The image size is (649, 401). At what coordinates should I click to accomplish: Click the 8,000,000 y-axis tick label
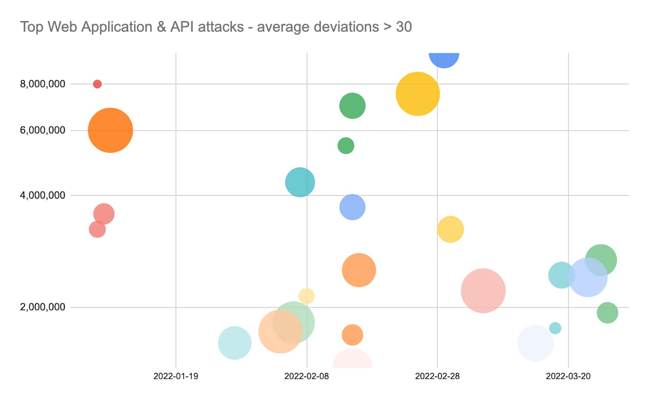click(x=42, y=84)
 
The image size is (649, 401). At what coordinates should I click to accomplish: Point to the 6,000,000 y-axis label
click(x=42, y=130)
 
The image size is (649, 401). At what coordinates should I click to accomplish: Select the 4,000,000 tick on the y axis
click(x=42, y=195)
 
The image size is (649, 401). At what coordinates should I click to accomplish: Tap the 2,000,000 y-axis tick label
click(x=42, y=307)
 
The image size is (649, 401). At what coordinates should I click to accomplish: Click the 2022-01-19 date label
click(x=175, y=376)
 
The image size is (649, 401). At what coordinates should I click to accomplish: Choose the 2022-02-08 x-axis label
click(x=306, y=376)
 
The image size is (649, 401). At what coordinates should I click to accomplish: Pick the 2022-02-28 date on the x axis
click(x=437, y=376)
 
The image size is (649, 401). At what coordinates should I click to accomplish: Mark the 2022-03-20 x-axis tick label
click(x=568, y=376)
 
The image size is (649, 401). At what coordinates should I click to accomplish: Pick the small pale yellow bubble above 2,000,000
click(x=306, y=296)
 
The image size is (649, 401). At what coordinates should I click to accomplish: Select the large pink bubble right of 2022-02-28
click(x=483, y=291)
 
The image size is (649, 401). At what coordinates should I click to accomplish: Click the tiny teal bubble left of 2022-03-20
click(x=555, y=328)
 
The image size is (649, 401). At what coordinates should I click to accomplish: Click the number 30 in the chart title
click(x=404, y=27)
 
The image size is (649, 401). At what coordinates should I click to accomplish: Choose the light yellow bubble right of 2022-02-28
click(x=450, y=229)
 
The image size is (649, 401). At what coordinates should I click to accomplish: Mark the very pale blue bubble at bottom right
click(x=535, y=343)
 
